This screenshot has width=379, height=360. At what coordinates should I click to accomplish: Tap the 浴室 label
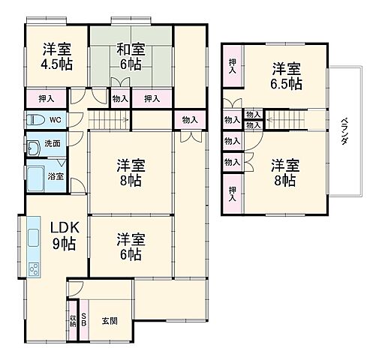(x=56, y=177)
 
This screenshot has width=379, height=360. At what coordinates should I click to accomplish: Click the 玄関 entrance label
(x=109, y=320)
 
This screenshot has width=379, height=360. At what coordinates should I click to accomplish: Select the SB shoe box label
(x=85, y=319)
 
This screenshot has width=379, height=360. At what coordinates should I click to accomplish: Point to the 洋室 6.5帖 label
(x=287, y=75)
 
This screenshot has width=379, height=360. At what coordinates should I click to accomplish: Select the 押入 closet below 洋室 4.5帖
(x=46, y=98)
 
